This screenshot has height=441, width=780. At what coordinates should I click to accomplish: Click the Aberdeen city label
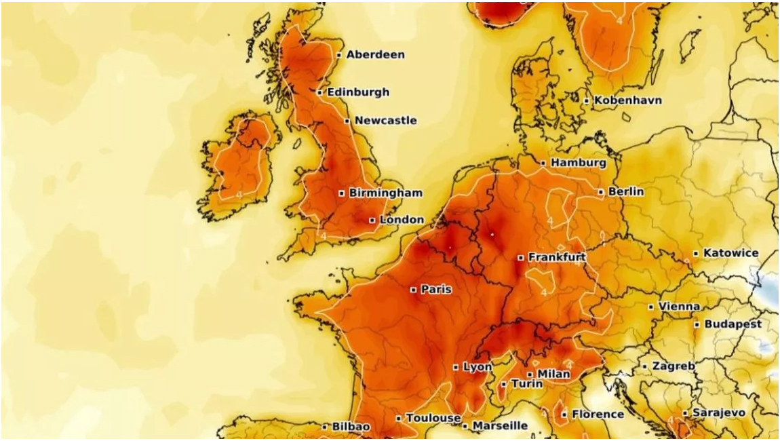[x=375, y=54]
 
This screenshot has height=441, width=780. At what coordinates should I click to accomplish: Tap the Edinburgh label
[x=358, y=92]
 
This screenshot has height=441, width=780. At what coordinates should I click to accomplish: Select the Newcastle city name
[x=385, y=121]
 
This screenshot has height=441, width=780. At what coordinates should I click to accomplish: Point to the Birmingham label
[x=385, y=193]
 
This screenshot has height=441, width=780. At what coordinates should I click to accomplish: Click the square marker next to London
[x=372, y=220]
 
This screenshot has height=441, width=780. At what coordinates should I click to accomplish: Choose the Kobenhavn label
[x=628, y=100]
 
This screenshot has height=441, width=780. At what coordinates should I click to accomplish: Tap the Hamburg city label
[x=578, y=163]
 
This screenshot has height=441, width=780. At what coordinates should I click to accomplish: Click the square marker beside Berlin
[x=600, y=192]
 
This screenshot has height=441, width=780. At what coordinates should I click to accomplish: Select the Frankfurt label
[x=556, y=257]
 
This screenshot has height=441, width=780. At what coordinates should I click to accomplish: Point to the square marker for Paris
[x=413, y=290]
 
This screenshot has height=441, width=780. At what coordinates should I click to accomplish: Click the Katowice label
[x=730, y=253]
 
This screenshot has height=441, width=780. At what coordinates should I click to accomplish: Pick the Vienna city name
[x=679, y=307]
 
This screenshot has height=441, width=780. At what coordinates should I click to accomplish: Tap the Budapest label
[x=733, y=324]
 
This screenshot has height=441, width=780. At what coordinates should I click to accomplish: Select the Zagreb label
[x=673, y=366]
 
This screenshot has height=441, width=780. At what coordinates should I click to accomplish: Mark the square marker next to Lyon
[x=456, y=367]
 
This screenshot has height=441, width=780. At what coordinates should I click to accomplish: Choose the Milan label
[x=553, y=374]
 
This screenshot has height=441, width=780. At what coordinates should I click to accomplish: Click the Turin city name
[x=526, y=384]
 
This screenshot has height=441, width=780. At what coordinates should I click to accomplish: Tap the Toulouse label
[x=433, y=418]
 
